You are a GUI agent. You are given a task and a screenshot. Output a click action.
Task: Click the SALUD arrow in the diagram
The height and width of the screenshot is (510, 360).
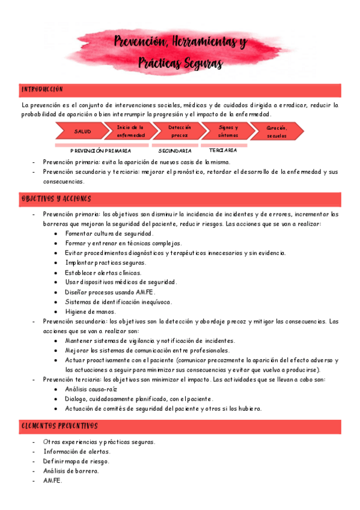[82, 131]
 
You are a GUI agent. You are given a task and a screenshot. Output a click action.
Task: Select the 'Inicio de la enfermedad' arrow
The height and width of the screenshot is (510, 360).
[130, 131]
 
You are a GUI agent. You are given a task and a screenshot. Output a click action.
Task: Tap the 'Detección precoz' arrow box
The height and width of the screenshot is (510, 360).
[179, 131]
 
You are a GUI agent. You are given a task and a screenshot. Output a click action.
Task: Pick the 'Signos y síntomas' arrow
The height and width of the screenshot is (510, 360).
[228, 131]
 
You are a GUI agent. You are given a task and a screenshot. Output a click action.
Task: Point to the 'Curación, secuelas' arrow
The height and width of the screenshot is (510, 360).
[276, 131]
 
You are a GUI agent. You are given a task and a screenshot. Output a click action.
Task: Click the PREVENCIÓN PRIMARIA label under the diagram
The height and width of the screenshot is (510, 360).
[100, 151]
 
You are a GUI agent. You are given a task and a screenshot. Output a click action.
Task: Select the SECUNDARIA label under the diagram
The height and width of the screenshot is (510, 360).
[175, 151]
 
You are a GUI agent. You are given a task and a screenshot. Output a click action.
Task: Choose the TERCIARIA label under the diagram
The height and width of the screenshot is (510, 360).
[219, 150]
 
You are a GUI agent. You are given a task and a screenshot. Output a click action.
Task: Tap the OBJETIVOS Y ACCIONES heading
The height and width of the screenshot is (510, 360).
[56, 199]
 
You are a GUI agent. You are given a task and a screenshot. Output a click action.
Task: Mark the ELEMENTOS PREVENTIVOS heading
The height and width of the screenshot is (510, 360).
[59, 426]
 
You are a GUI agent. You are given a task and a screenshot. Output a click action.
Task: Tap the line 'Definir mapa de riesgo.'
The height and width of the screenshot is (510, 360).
[76, 461]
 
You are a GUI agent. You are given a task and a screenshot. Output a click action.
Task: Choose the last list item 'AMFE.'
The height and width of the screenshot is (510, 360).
[53, 481]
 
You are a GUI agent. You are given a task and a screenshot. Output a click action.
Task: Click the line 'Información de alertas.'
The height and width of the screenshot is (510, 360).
[77, 452]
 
